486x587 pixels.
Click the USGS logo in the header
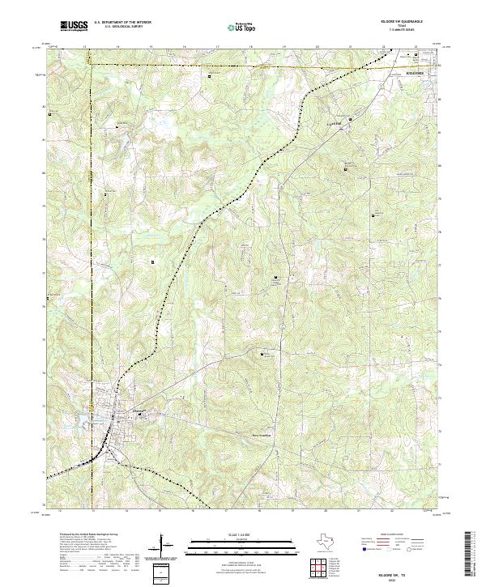coord(75,26)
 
